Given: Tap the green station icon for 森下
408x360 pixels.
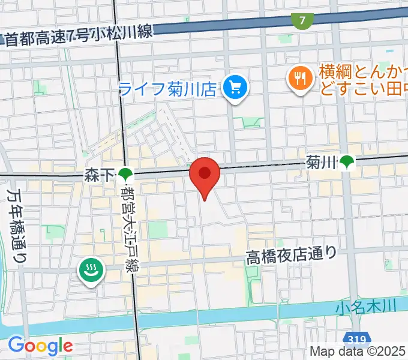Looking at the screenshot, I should click(x=125, y=175).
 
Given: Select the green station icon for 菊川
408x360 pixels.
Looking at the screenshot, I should click(x=347, y=161).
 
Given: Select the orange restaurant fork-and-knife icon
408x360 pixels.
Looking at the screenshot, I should click(x=299, y=77).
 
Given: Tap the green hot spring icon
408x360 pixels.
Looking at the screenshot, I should click(x=91, y=271).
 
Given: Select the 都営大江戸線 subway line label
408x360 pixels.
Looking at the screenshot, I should click(x=128, y=228).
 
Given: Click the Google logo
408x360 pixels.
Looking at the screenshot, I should click(x=40, y=346).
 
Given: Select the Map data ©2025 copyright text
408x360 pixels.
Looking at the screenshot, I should click(x=358, y=352).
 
